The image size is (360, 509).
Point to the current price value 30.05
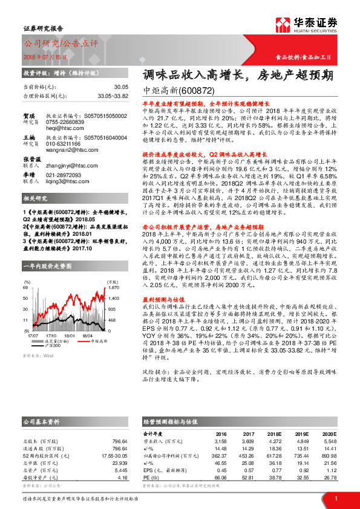click(121, 88)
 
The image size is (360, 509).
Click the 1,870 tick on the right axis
click(114, 290)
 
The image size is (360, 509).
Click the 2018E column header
click(274, 433)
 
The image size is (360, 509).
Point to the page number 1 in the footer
click(335, 498)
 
